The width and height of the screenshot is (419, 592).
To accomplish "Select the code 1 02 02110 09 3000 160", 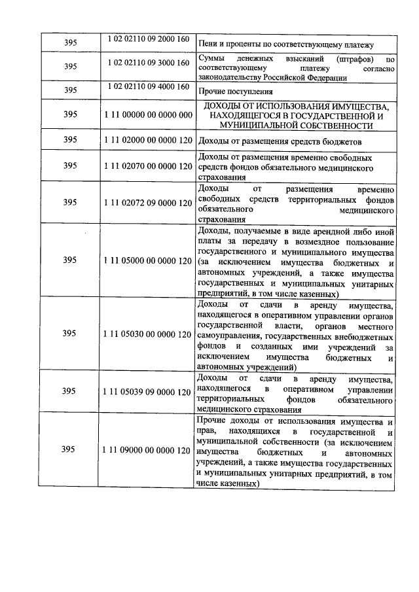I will [x=147, y=60].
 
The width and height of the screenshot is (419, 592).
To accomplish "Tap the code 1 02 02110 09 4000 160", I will [x=147, y=87].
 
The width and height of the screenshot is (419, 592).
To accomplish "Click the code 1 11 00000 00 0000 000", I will [x=147, y=114].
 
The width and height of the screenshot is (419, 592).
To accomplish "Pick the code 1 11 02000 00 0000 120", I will [x=147, y=141].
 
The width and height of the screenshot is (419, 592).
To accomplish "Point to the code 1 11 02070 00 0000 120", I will [x=147, y=166].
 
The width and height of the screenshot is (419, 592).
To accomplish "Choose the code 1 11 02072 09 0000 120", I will [x=147, y=203].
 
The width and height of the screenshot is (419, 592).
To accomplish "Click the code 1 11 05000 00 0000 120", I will [x=147, y=260].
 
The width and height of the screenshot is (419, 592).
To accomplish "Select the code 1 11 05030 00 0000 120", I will [x=147, y=334].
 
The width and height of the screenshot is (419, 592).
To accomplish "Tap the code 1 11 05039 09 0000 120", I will [x=147, y=391].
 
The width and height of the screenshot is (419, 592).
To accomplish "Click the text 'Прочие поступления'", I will [x=234, y=92].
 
